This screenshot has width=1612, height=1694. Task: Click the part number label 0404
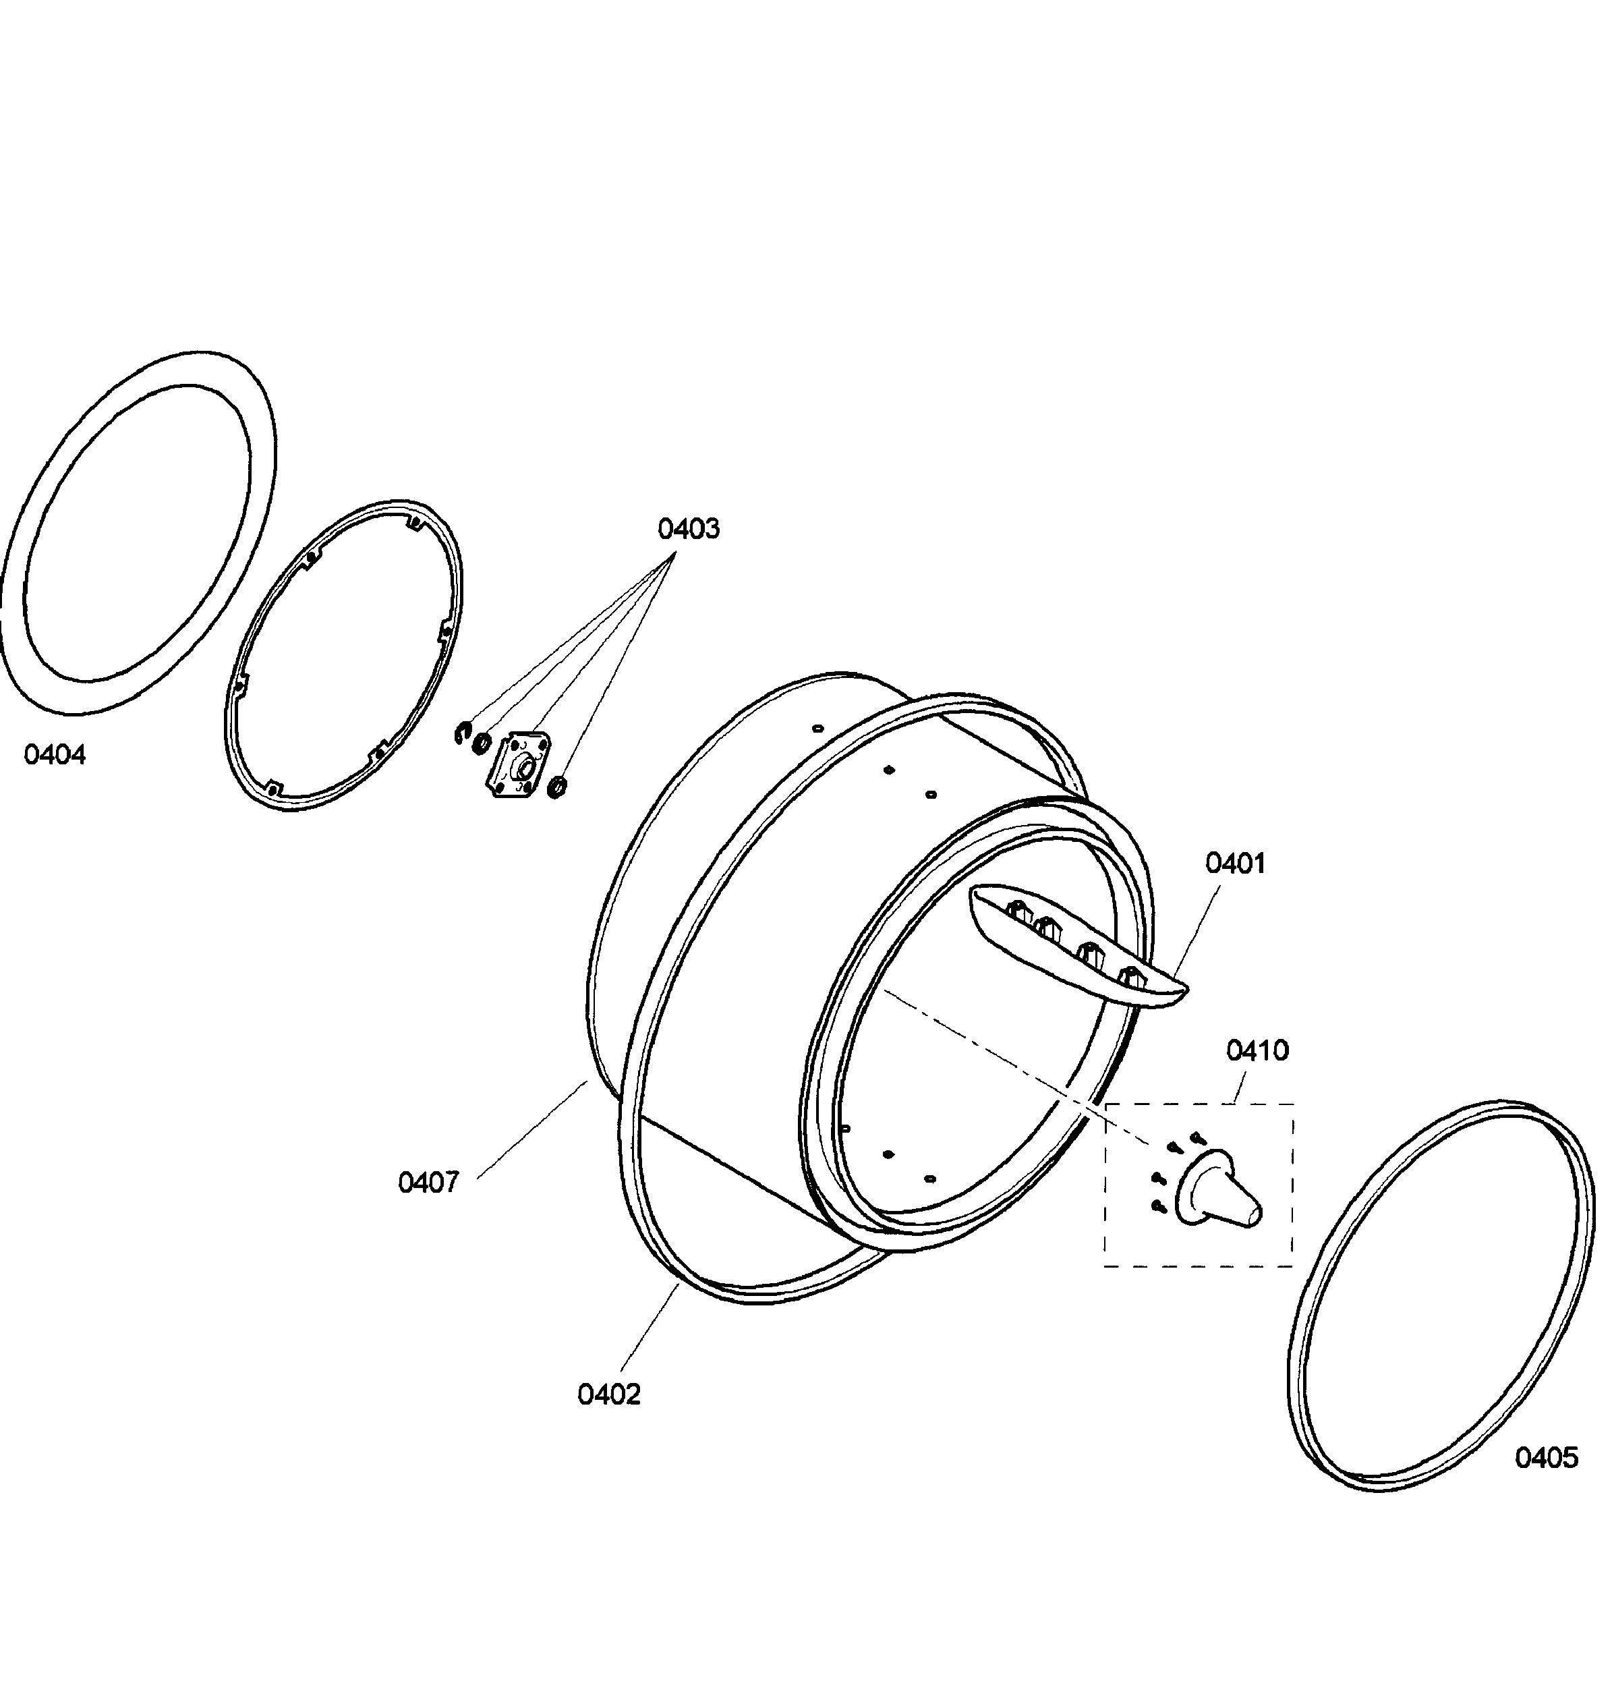55,756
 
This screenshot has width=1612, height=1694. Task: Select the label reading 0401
1236,863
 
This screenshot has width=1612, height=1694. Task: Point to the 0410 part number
1258,1050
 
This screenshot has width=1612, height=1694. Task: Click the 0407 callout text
429,1183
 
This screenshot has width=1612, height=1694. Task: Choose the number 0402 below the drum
609,1395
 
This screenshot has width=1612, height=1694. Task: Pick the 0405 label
1547,1458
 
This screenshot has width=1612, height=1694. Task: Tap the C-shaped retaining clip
463,734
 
